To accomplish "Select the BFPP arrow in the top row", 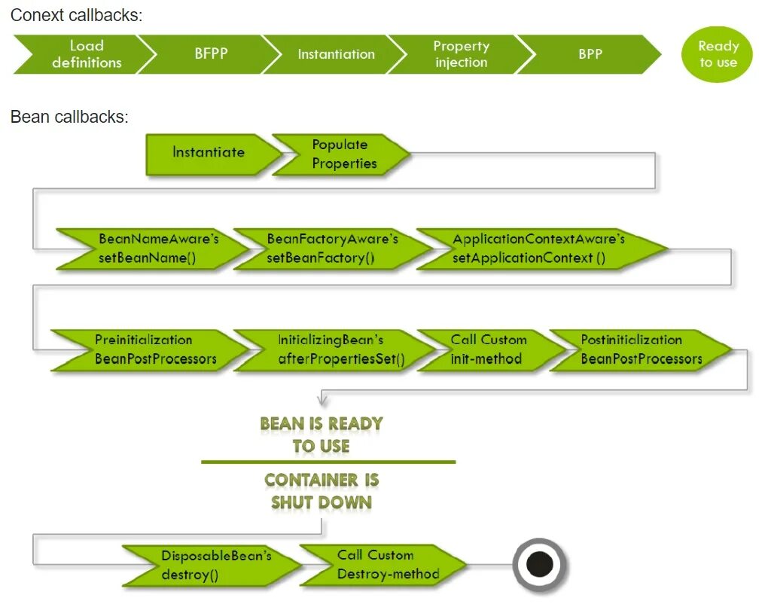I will click(211, 54).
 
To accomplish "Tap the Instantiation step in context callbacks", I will click(336, 54).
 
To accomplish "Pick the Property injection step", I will click(461, 54).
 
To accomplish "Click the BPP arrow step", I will click(590, 54).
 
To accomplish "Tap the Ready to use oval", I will click(718, 55).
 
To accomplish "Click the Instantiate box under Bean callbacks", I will click(209, 153).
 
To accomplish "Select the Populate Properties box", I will click(340, 154).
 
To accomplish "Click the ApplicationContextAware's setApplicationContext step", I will click(536, 249).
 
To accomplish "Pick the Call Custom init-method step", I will click(488, 349).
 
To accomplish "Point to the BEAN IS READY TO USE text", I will click(322, 435).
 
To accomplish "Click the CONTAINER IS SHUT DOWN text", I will click(322, 491).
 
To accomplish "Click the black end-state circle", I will click(540, 564).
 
